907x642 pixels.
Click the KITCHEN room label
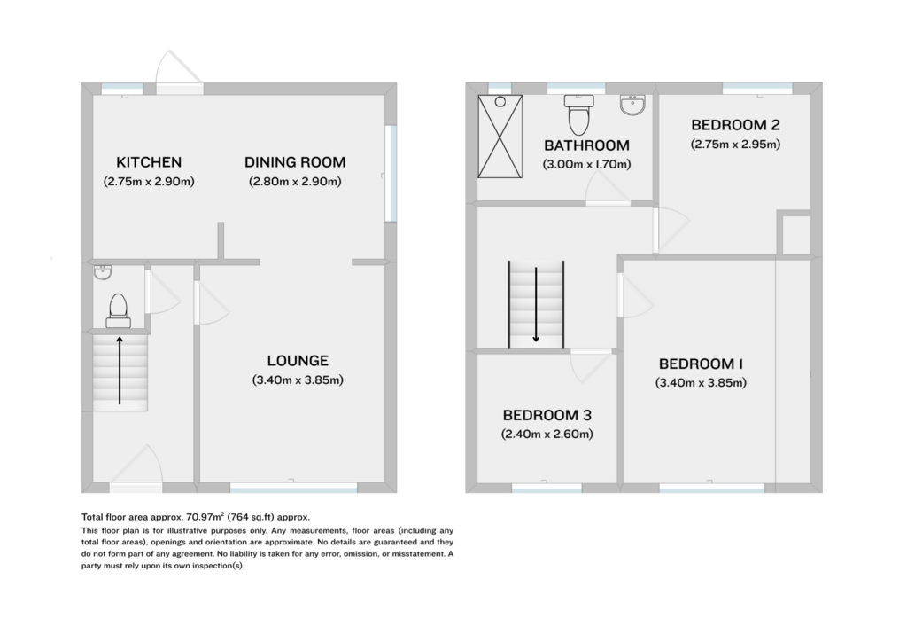coord(149,162)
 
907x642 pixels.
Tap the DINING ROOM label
coord(295,162)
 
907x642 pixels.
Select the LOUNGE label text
coord(298,361)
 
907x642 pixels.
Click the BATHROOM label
coord(586,145)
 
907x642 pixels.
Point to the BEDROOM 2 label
coord(735,124)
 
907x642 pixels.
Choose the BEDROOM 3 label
coord(547,415)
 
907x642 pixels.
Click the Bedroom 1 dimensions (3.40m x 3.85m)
coord(701,383)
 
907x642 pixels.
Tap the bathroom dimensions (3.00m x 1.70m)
coord(586,164)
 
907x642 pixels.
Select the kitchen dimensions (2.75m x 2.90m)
coord(149,181)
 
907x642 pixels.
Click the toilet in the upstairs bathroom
coord(578,114)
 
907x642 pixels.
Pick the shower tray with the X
coord(500,137)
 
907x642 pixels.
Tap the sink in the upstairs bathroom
coord(632,105)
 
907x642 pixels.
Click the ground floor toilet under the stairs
coord(118,311)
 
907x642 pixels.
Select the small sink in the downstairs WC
coord(103,272)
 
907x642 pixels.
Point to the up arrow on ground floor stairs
coord(120,371)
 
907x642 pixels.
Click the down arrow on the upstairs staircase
coord(536,304)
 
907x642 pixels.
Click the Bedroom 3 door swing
coord(591,366)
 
